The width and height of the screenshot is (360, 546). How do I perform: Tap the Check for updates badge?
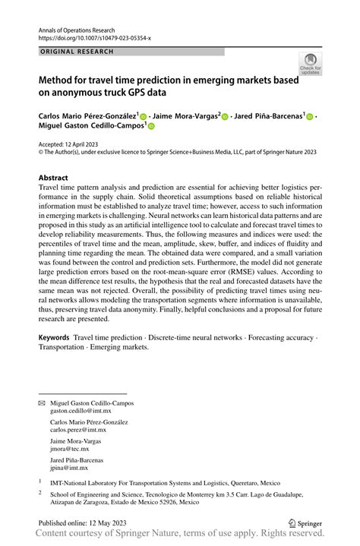[x=311, y=65]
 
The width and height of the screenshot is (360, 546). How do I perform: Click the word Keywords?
[x=54, y=336]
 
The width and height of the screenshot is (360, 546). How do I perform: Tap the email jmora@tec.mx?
[x=69, y=449]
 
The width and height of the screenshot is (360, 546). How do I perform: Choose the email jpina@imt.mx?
[x=68, y=468]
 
